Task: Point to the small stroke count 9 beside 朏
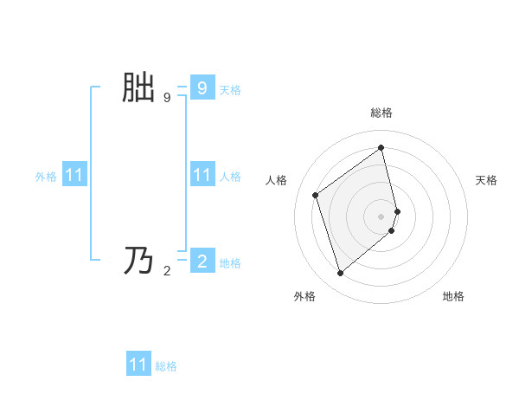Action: pyautogui.click(x=166, y=98)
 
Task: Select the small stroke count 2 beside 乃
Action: pyautogui.click(x=166, y=271)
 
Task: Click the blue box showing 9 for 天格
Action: pyautogui.click(x=202, y=87)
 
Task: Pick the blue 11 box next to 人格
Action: pyautogui.click(x=202, y=176)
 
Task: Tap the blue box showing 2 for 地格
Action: pyautogui.click(x=202, y=261)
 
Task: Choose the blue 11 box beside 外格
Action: pyautogui.click(x=74, y=176)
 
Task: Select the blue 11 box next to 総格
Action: pyautogui.click(x=138, y=365)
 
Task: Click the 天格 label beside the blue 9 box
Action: pyautogui.click(x=230, y=89)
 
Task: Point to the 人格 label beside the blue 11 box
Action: pyautogui.click(x=230, y=177)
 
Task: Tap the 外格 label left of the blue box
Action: pyautogui.click(x=46, y=177)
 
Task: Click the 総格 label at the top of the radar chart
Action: pyautogui.click(x=381, y=113)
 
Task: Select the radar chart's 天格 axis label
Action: pyautogui.click(x=486, y=180)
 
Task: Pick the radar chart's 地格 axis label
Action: pyautogui.click(x=453, y=296)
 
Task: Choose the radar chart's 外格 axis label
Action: pyautogui.click(x=304, y=296)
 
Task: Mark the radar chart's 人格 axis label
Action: pyautogui.click(x=276, y=180)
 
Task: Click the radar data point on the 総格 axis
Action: pyautogui.click(x=381, y=147)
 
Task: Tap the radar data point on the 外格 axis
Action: pyautogui.click(x=341, y=274)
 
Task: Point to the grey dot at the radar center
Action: pyautogui.click(x=381, y=216)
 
